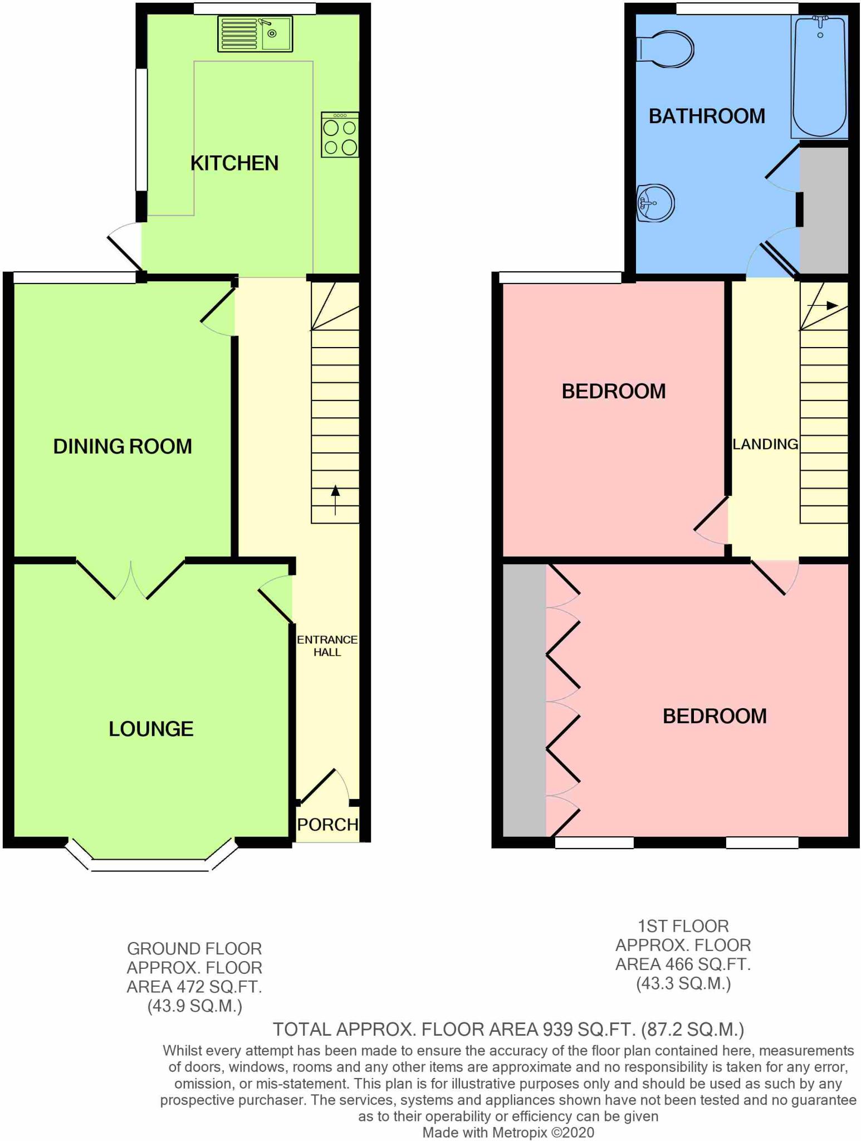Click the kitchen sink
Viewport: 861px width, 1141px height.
tap(255, 34)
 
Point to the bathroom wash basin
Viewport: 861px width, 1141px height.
tap(655, 203)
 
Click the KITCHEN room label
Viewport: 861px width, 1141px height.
tap(234, 163)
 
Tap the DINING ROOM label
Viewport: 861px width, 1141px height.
tap(123, 446)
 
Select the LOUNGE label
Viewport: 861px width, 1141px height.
tap(151, 729)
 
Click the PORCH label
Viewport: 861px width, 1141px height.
tap(327, 825)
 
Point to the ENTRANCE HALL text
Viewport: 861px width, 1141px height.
tap(327, 646)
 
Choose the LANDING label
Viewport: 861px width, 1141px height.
tap(765, 444)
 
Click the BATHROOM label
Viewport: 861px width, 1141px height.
tap(707, 116)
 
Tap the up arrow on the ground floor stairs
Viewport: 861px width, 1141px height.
tap(335, 500)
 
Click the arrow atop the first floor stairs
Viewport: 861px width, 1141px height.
tap(823, 305)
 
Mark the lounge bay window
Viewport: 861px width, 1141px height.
tap(151, 855)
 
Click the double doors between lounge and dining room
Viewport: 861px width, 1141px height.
tap(131, 579)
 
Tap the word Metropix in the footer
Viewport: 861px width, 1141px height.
tap(520, 1132)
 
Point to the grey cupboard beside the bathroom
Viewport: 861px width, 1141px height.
tap(824, 211)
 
